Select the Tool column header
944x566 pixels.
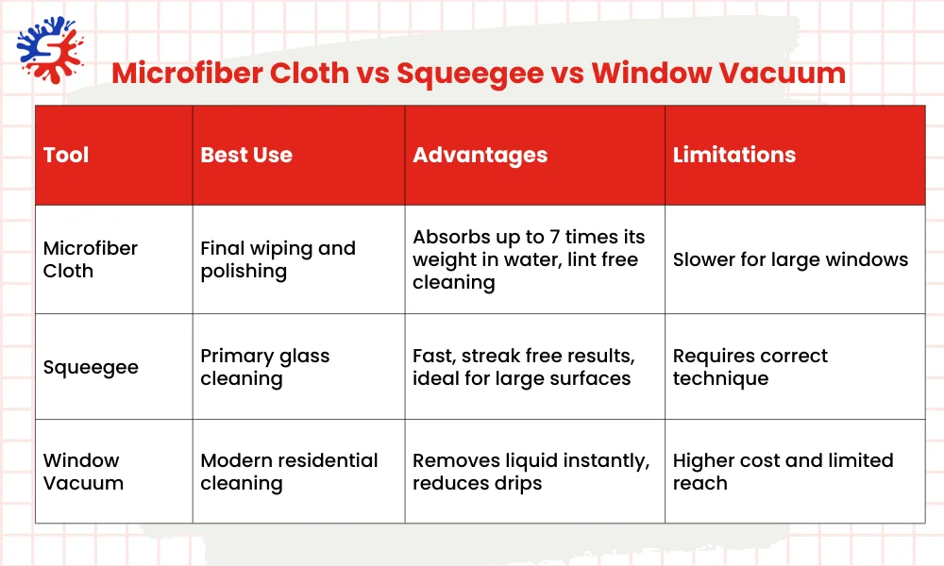click(66, 155)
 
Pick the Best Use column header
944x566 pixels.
click(246, 155)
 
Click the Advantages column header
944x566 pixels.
click(480, 155)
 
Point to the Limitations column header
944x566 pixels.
click(733, 155)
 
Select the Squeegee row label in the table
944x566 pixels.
click(91, 368)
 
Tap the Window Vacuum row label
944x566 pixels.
click(83, 472)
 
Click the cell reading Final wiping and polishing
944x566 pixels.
click(278, 259)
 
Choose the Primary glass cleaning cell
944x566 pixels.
click(264, 368)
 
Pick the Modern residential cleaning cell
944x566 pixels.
click(289, 472)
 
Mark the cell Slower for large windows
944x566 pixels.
click(790, 259)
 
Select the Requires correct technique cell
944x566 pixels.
click(750, 368)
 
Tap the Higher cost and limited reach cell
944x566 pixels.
click(783, 472)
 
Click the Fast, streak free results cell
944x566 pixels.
click(523, 368)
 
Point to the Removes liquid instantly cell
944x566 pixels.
click(531, 472)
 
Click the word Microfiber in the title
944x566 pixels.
click(230, 73)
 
